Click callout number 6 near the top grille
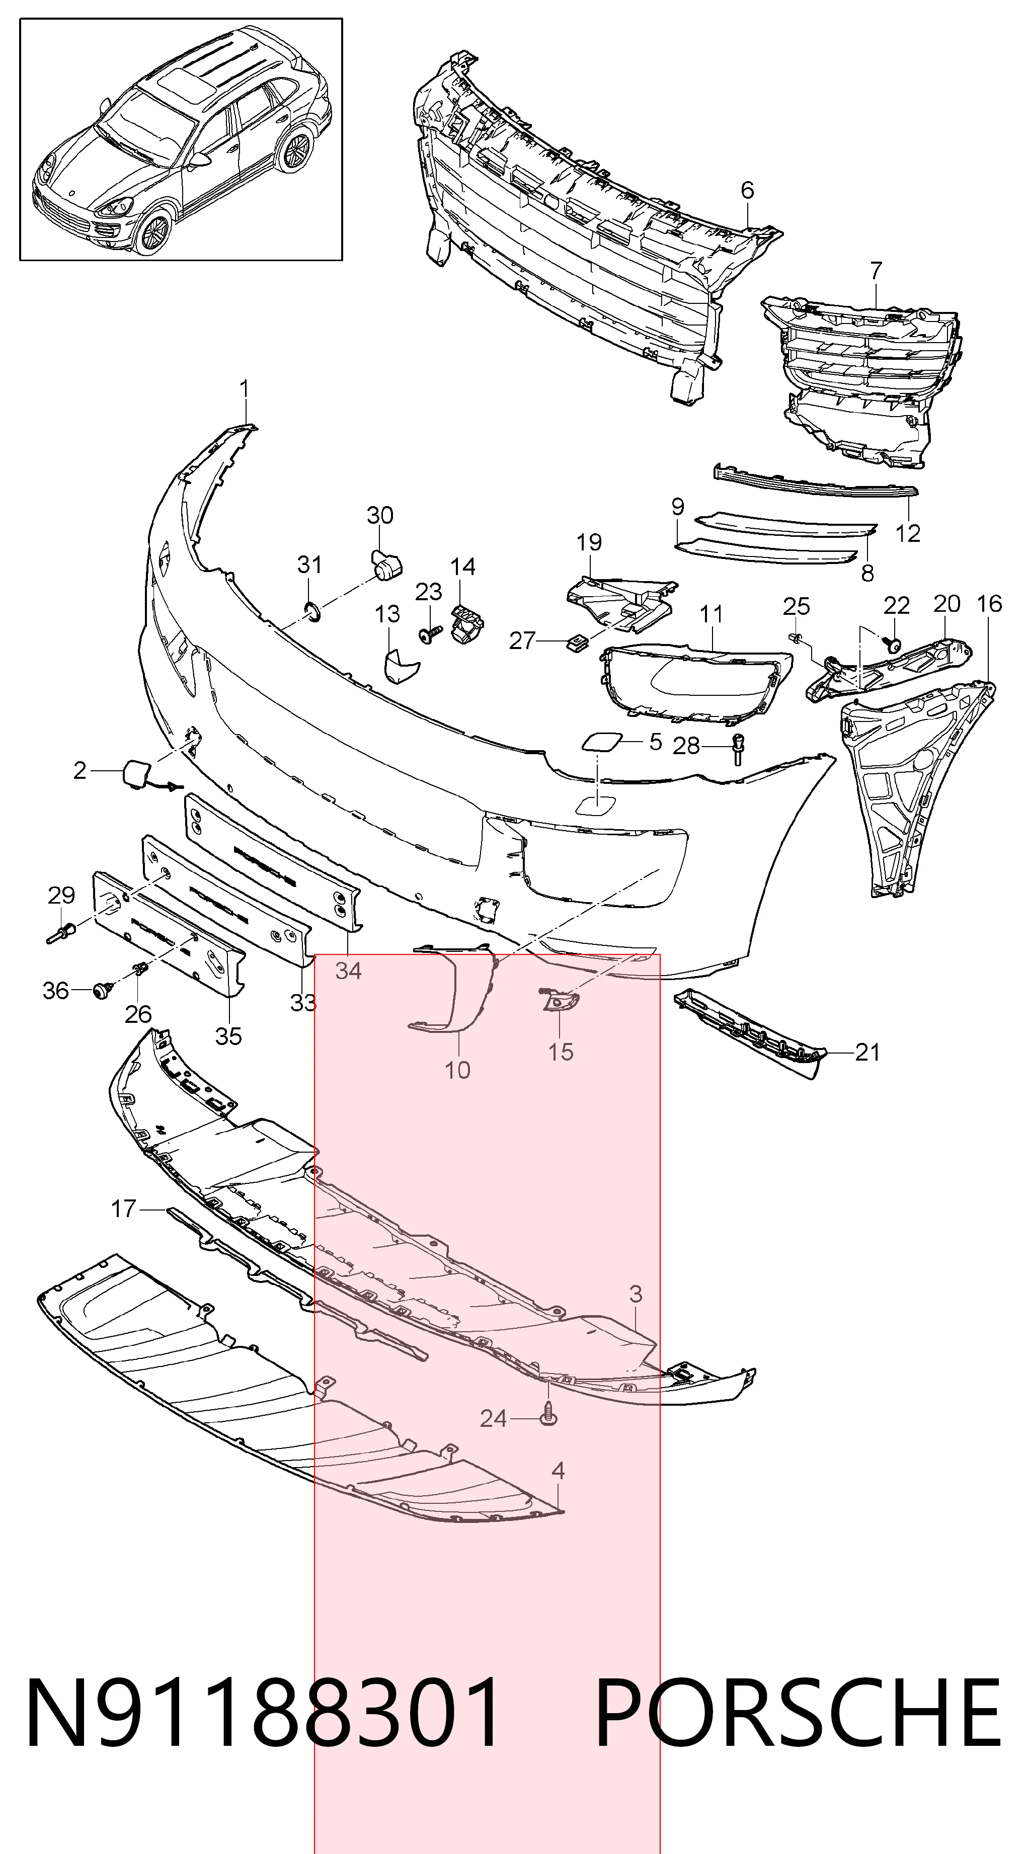pos(747,190)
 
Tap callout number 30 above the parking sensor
pos(380,515)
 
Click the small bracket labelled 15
pos(559,999)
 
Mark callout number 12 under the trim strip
pos(908,533)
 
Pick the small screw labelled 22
pos(893,645)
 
